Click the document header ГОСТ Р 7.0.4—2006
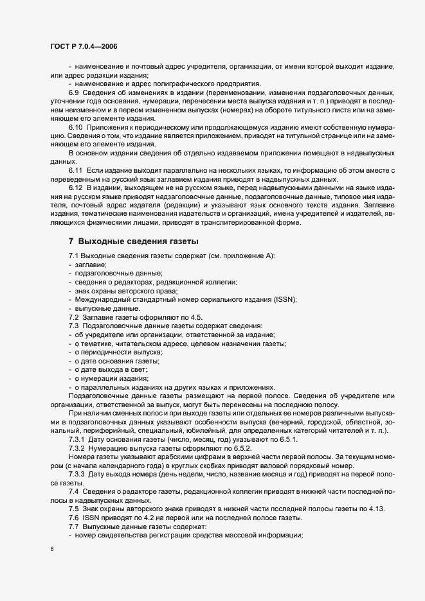(x=84, y=47)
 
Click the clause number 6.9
(x=75, y=93)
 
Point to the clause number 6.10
(x=77, y=127)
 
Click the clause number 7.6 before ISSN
(x=75, y=518)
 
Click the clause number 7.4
(x=75, y=491)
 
